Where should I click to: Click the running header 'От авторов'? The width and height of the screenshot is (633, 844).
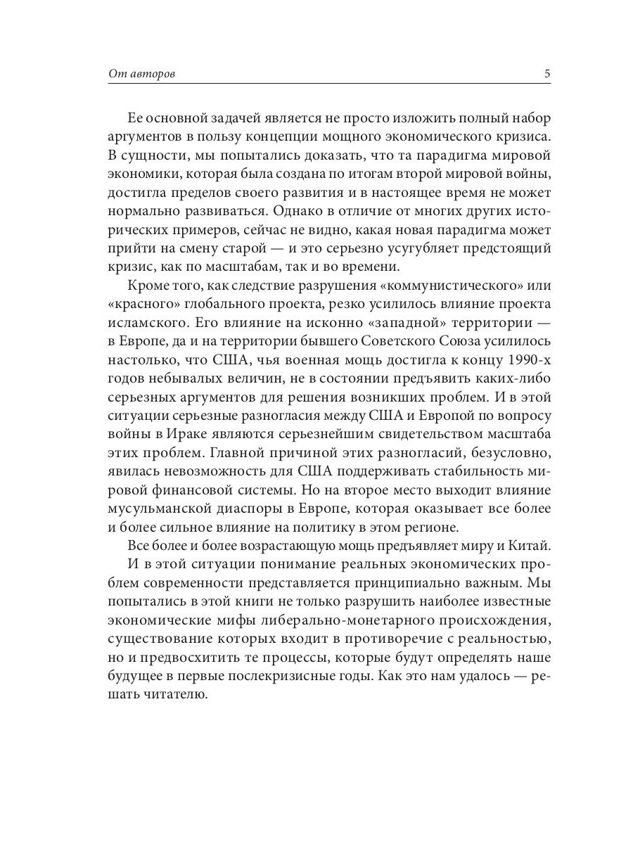pos(141,75)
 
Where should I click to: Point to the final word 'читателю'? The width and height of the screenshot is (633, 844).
pos(173,695)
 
